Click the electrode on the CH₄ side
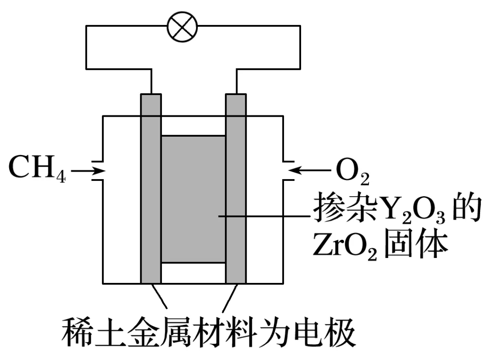pyautogui.click(x=151, y=189)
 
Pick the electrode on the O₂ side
pyautogui.click(x=236, y=189)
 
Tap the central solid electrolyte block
pyautogui.click(x=193, y=198)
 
